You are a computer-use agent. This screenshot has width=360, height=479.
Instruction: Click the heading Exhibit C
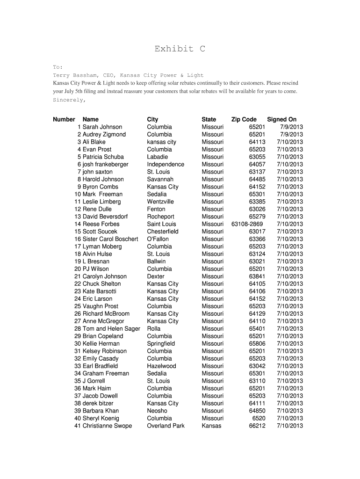pos(180,49)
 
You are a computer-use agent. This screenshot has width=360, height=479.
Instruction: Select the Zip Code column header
pos(244,119)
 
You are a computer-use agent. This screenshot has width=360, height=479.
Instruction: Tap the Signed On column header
pos(281,119)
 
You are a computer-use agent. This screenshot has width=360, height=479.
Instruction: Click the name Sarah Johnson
pos(102,127)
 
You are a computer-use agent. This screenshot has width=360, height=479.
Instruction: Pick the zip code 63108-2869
pos(247,224)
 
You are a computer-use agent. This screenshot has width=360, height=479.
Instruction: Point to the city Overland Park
pos(166,426)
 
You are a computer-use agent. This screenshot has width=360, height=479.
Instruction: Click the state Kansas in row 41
pos(211,426)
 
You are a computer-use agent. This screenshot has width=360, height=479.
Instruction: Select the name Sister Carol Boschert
pos(110,239)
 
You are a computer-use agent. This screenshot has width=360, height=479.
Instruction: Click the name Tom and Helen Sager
pos(111,329)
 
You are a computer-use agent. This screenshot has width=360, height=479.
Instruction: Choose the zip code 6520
pos(259,418)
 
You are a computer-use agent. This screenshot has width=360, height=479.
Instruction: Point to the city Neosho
pos(157,411)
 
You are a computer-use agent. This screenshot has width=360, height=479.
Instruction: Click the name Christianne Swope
pos(107,426)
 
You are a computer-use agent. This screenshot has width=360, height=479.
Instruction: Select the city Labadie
pos(157,157)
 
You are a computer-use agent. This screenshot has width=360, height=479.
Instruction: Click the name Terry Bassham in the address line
pos(72,75)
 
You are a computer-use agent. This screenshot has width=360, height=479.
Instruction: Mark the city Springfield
pos(161,343)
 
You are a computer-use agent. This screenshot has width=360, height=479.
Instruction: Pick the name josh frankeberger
pos(105,164)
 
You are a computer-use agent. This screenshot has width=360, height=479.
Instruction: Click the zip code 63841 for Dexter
pos(257,276)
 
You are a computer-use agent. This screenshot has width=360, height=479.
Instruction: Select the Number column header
pos(64,119)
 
